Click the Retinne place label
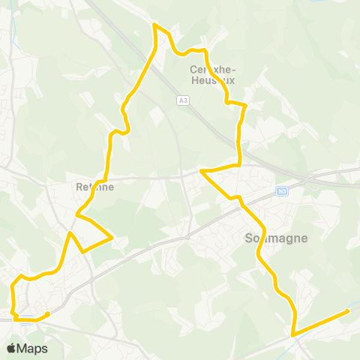(94, 187)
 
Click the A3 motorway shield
(182, 100)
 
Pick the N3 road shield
(282, 190)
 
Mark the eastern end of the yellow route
(349, 310)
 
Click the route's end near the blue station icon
(48, 313)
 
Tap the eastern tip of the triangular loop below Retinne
(112, 238)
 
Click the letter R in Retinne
(79, 187)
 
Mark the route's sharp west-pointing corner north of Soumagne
(200, 172)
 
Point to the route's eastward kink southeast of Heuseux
(244, 104)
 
